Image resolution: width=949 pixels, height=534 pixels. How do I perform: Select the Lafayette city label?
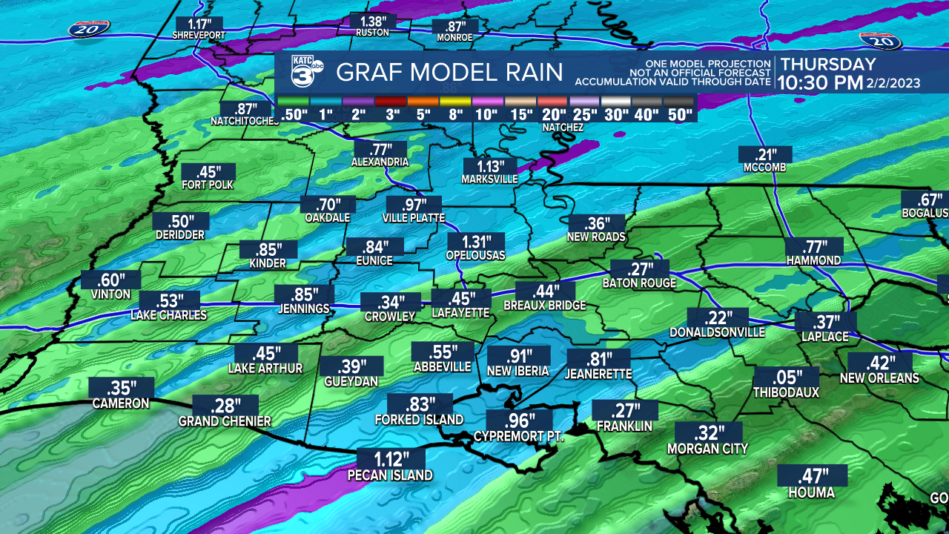coord(460,314)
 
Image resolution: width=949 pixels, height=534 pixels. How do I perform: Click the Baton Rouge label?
coord(639,283)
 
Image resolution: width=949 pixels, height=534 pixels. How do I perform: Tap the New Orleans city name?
coord(879,378)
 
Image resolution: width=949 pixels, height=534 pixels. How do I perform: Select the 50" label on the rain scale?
coord(678,115)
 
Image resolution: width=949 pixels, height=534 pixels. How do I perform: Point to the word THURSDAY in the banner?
coord(828,65)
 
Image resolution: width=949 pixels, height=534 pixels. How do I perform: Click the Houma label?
coord(811,493)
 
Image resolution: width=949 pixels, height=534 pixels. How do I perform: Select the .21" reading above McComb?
coord(765,154)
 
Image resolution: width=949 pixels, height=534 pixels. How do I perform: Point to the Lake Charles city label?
coord(168,315)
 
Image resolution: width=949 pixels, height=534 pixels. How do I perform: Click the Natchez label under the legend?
coord(563,128)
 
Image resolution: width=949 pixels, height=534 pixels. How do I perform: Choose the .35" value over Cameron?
coord(121,387)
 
